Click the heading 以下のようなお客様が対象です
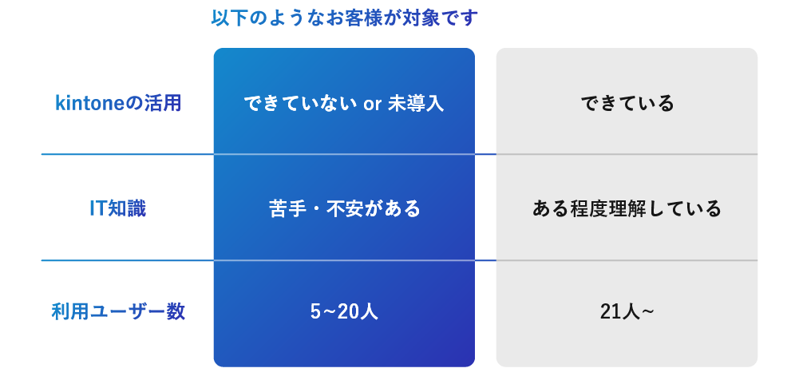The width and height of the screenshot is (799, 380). click(344, 18)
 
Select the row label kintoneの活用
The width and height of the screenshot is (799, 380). click(118, 103)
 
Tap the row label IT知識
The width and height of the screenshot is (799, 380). click(118, 208)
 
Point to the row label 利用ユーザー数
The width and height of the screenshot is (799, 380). click(118, 311)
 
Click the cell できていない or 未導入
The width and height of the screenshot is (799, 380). click(343, 104)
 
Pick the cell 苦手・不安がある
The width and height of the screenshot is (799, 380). click(344, 209)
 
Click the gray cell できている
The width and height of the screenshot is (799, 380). click(627, 104)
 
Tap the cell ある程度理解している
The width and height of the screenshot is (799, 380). click(627, 209)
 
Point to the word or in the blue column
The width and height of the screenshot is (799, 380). click(372, 105)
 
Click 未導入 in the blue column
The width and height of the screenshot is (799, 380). click(415, 104)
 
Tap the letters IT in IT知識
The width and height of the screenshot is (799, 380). click(97, 208)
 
